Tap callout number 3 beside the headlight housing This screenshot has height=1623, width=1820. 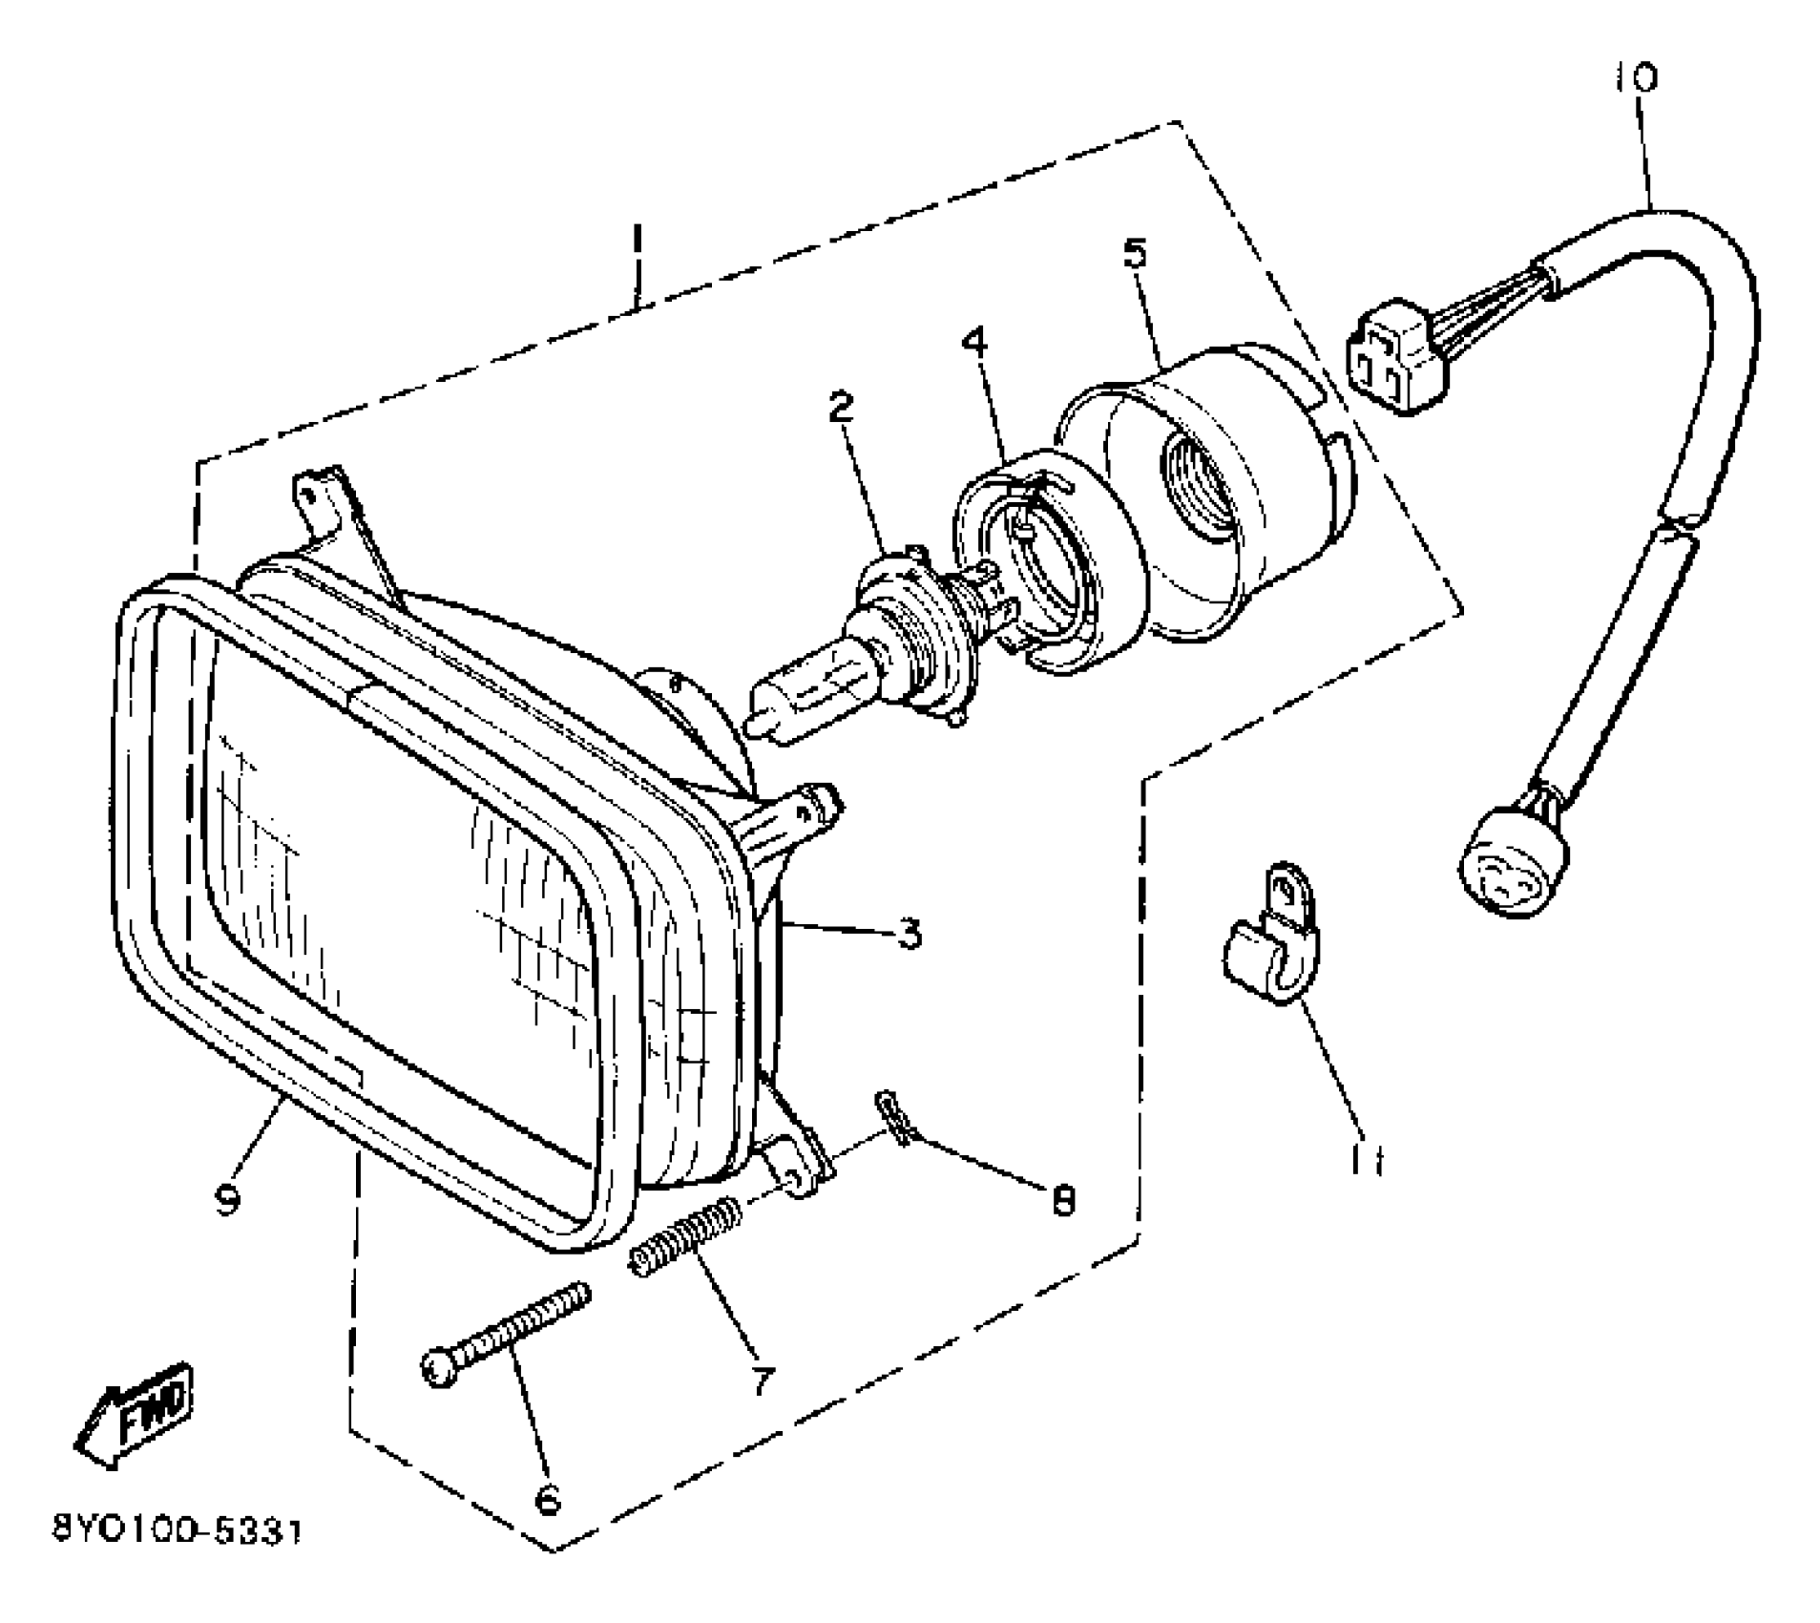coord(910,933)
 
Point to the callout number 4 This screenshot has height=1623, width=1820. coord(975,341)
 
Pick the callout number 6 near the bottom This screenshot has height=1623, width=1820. coord(547,1501)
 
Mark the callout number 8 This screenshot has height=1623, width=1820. coord(1062,1200)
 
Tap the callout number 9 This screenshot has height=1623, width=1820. coord(227,1200)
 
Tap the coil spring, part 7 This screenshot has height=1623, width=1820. coord(684,1236)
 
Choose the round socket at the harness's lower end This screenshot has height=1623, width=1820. coord(1513,862)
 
